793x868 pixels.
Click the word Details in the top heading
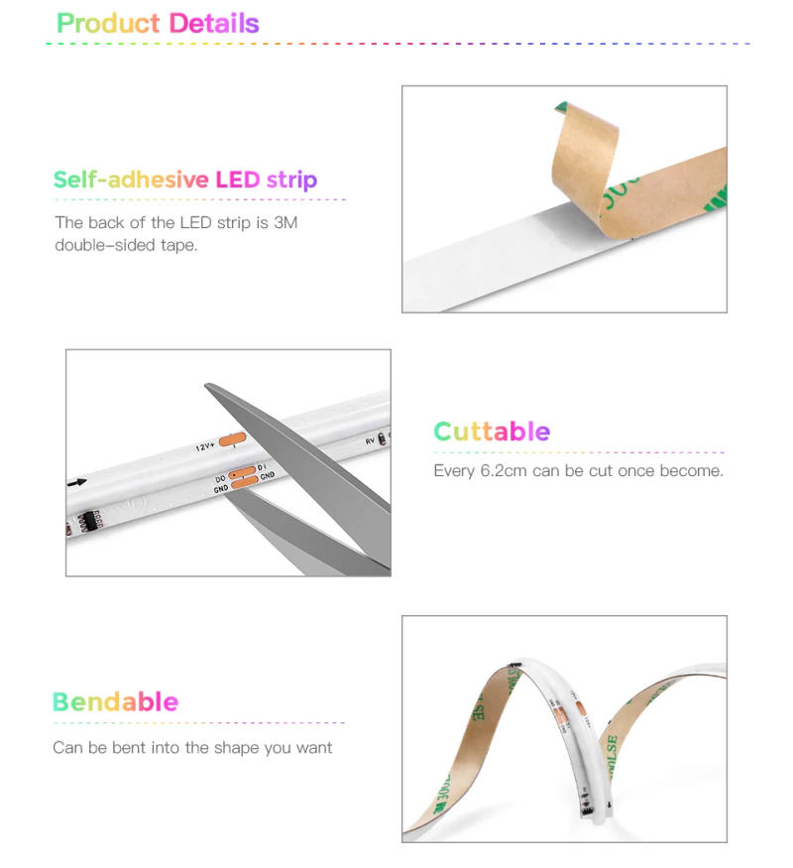pyautogui.click(x=214, y=24)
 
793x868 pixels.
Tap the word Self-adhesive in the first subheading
pyautogui.click(x=130, y=181)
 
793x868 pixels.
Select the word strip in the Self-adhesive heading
pyautogui.click(x=291, y=181)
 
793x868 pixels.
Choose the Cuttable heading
pyautogui.click(x=492, y=432)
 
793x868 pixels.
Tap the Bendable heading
pyautogui.click(x=115, y=702)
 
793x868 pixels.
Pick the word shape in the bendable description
pyautogui.click(x=238, y=747)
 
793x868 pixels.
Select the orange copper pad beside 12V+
pyautogui.click(x=232, y=440)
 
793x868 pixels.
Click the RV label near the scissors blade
pyautogui.click(x=371, y=437)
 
